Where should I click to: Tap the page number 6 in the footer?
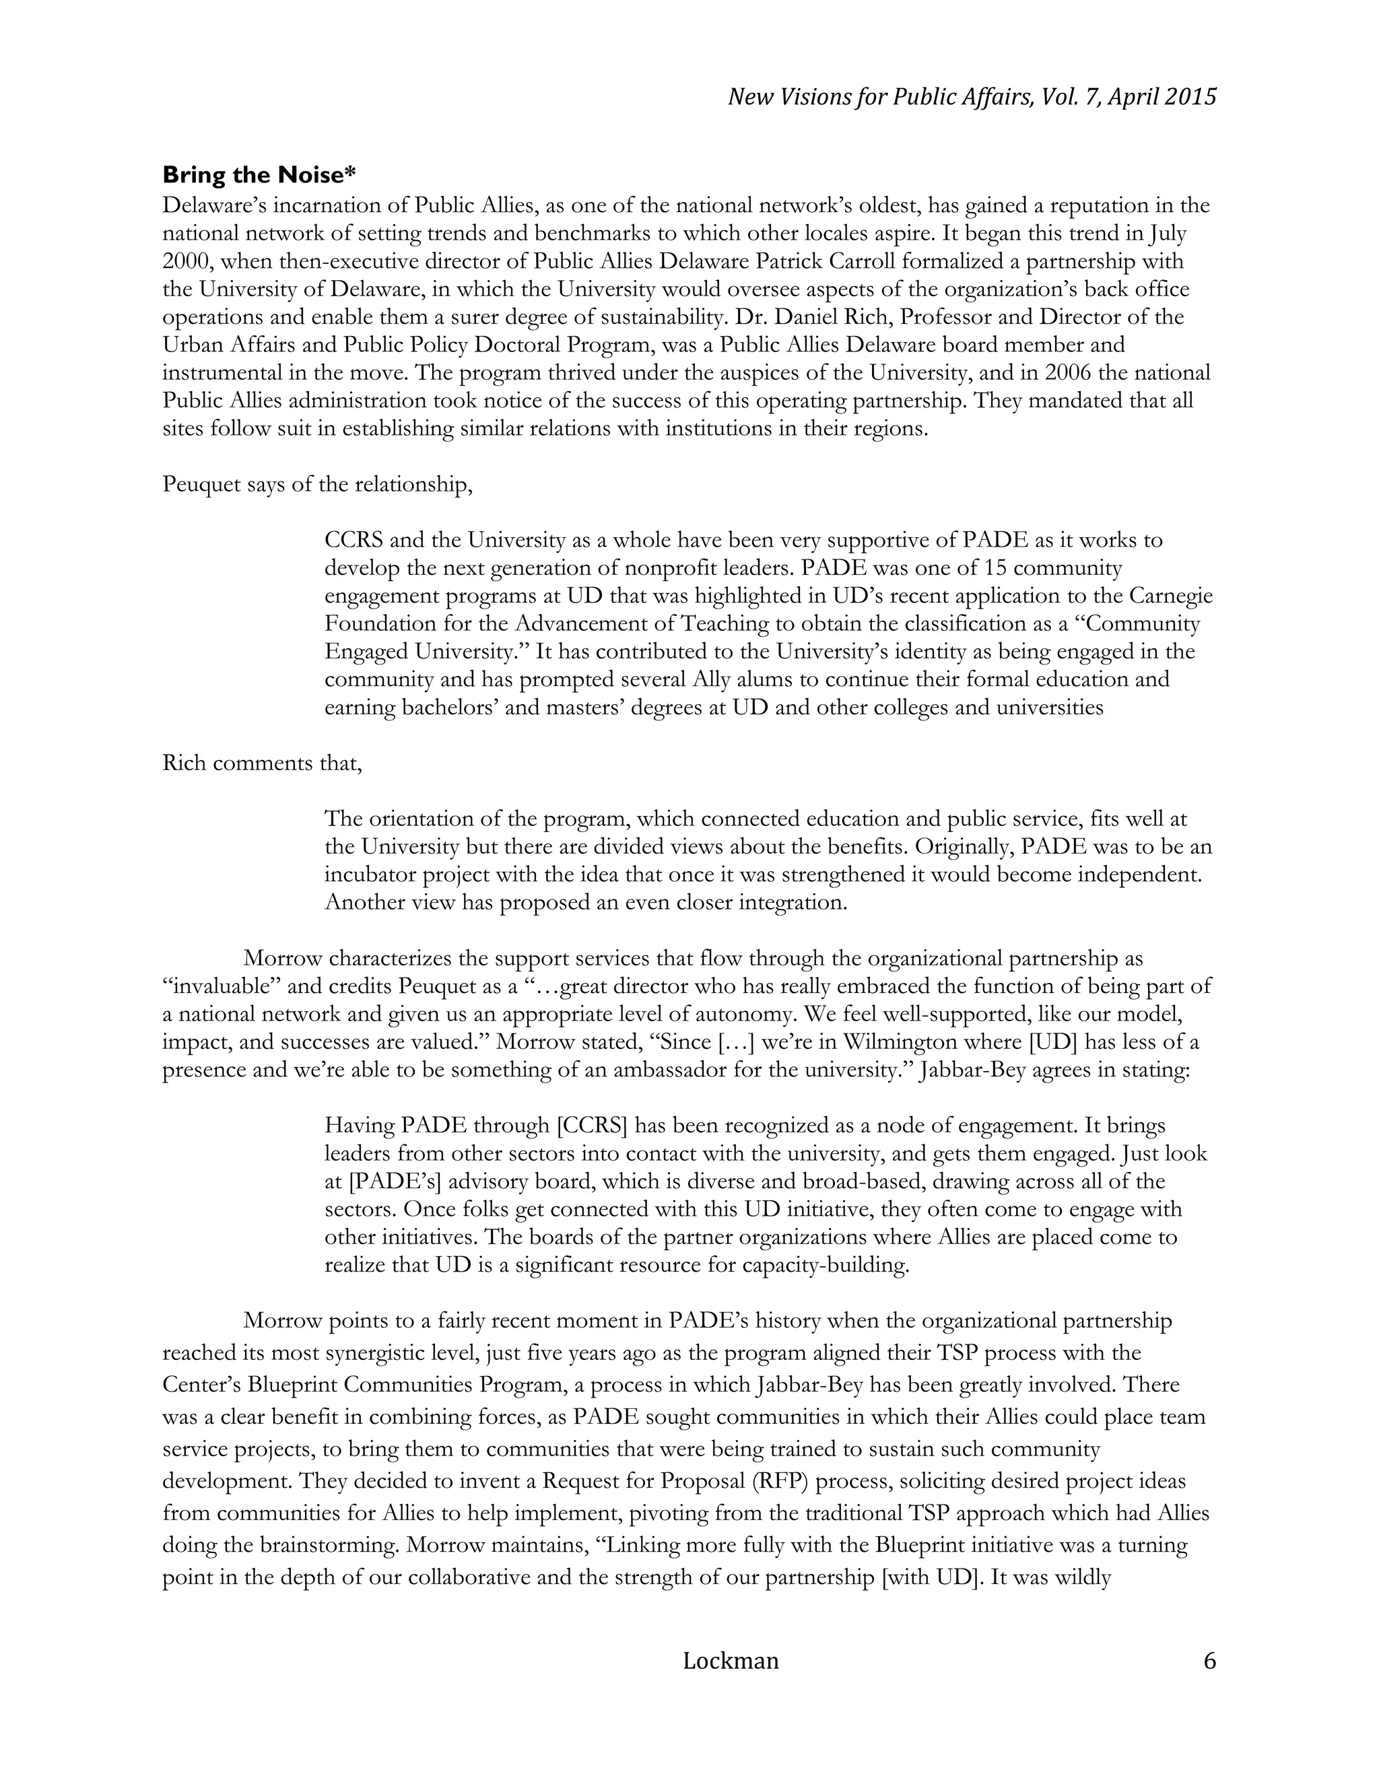pyautogui.click(x=1210, y=1661)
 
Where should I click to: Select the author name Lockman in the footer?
pyautogui.click(x=731, y=1661)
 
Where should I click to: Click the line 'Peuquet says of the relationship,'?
pyautogui.click(x=318, y=485)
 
